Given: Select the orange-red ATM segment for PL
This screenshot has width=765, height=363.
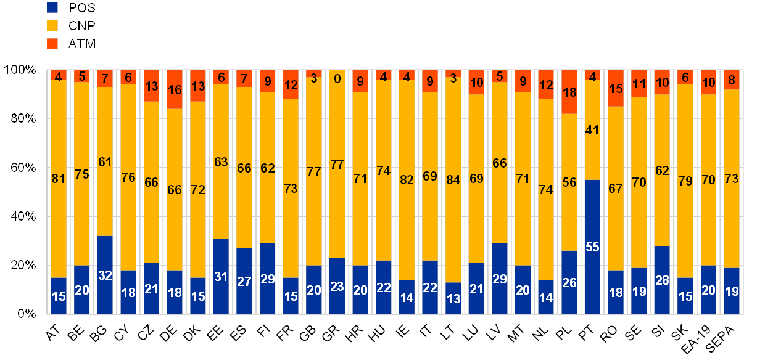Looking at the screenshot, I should (569, 92).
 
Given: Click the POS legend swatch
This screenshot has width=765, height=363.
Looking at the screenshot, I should (52, 8).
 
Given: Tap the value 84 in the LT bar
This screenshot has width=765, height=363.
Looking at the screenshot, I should (453, 179).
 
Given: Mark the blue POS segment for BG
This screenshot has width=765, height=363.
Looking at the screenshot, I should (105, 275).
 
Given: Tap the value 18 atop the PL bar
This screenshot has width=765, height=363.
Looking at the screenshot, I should (569, 92).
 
